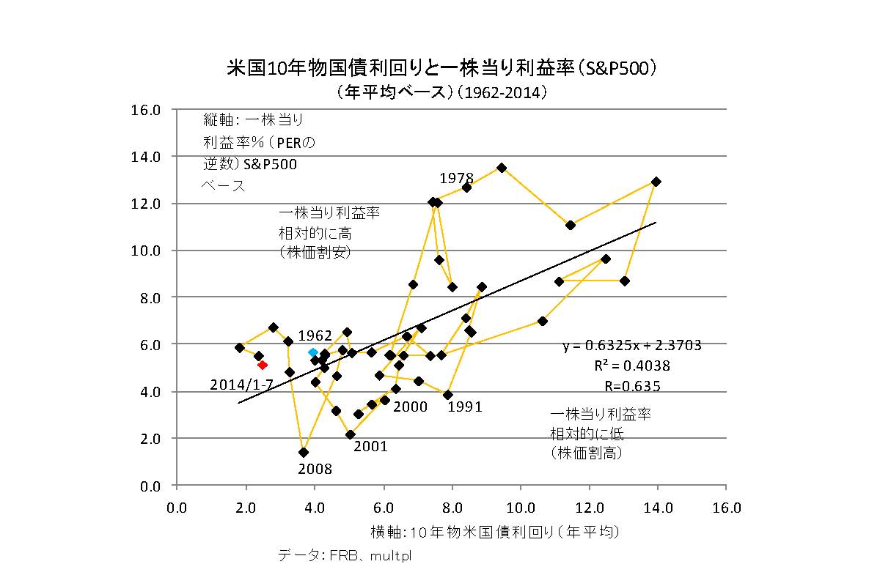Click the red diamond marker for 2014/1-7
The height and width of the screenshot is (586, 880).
263,365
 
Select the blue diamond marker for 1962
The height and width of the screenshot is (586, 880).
313,352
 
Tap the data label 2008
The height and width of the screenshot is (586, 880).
315,470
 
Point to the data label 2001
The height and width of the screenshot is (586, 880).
370,446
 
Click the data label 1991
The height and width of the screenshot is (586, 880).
465,407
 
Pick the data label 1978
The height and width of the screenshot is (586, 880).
456,178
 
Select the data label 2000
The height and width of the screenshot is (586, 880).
410,407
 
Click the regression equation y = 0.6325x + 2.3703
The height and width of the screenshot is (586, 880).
632,346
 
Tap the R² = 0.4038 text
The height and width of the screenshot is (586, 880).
631,366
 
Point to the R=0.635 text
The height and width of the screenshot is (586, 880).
632,386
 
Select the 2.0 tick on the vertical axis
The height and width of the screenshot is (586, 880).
148,439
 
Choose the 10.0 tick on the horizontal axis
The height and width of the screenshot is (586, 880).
520,508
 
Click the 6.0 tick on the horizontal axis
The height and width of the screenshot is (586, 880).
383,508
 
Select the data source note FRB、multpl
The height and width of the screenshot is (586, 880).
345,555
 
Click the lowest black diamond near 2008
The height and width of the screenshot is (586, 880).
304,453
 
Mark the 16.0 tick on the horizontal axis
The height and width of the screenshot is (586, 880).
726,508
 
